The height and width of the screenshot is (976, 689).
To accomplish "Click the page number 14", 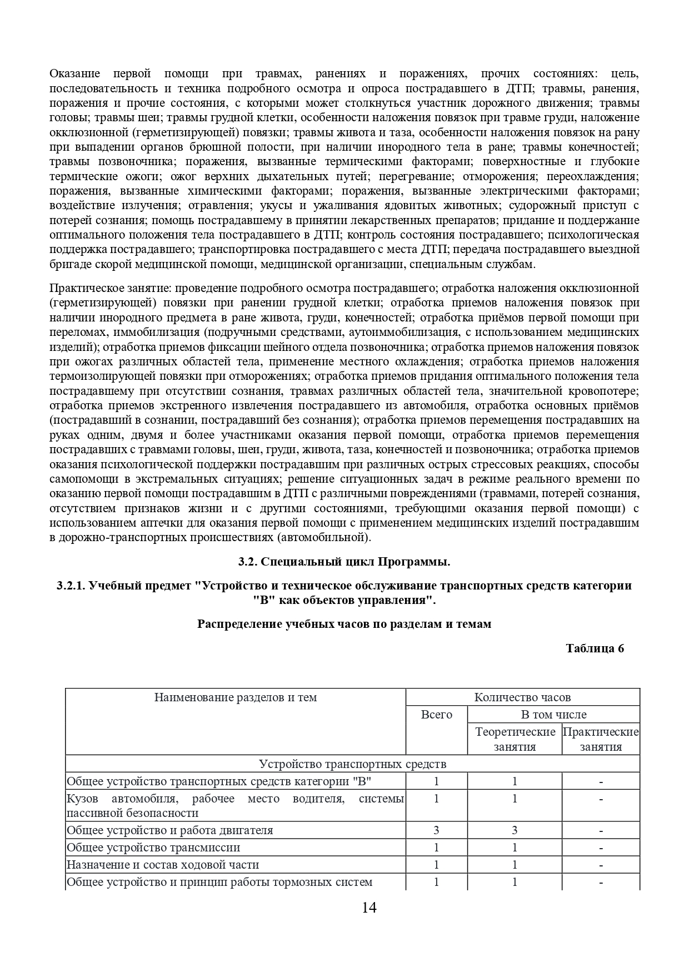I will coord(369,908).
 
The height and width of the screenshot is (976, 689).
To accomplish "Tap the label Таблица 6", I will coord(595,648).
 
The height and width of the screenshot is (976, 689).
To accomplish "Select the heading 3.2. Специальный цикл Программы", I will coord(344,562).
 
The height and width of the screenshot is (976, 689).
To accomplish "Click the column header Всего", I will coord(436,715).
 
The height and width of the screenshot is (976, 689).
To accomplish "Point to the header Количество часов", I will coord(522,697).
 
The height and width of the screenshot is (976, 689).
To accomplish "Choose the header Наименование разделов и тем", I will coord(236,697).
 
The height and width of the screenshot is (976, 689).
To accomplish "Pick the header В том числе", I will coord(553,715).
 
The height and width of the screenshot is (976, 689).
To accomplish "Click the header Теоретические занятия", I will coord(515,739).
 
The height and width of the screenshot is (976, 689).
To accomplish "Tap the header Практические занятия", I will coord(601,739).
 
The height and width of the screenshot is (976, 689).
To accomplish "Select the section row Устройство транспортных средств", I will coord(352,764).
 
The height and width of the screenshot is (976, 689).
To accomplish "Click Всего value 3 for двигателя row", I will coord(436,830).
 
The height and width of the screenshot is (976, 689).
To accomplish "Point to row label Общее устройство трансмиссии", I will coord(153,848).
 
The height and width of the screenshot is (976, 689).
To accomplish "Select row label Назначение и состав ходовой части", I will coord(163,865).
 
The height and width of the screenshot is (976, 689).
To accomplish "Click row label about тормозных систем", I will coord(219,882).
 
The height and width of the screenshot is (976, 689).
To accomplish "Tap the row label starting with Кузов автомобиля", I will coord(234,806).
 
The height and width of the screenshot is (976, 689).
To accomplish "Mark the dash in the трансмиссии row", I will coord(601,848).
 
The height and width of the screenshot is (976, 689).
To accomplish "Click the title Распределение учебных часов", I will coord(344,624).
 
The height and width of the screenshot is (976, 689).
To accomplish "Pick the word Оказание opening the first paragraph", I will coord(74,73).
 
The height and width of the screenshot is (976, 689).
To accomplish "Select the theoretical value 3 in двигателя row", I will coord(515,830).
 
